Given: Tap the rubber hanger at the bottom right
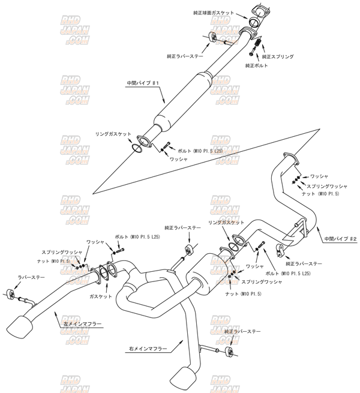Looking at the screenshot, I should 228,351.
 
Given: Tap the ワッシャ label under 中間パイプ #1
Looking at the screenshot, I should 179,159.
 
